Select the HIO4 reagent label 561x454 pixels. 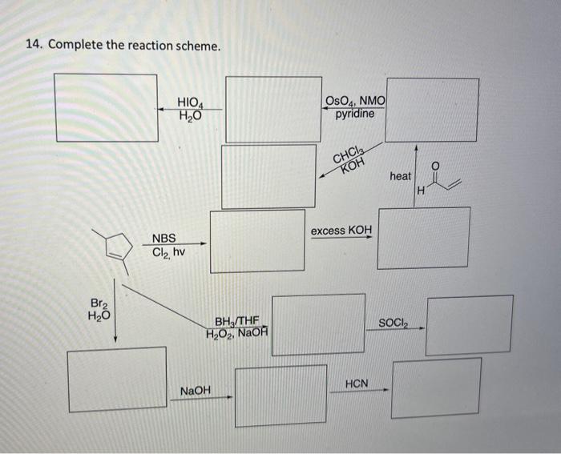point(191,102)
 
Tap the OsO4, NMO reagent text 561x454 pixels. point(355,101)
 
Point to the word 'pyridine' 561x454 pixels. point(354,114)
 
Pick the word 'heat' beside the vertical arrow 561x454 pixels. point(401,175)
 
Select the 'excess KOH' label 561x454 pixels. point(341,231)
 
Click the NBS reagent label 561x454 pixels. point(164,238)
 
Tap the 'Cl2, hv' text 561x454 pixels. point(168,252)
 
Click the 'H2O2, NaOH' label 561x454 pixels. point(237,333)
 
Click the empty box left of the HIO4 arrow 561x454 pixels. point(106,108)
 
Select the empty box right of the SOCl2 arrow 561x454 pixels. point(470,324)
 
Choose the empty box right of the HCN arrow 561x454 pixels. point(437,388)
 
